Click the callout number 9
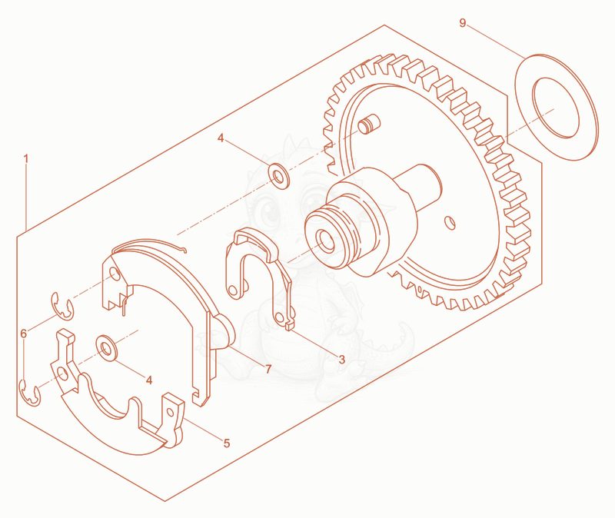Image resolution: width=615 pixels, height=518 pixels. click(463, 23)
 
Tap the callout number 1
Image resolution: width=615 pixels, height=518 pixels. click(26, 159)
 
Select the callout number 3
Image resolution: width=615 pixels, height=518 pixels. click(341, 359)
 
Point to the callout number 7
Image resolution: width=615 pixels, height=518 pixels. click(268, 369)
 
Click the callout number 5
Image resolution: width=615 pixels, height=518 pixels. click(227, 443)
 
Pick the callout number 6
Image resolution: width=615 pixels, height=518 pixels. click(24, 334)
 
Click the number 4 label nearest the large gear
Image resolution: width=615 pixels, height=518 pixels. click(221, 138)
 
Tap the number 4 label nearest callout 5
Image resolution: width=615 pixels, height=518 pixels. click(149, 380)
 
